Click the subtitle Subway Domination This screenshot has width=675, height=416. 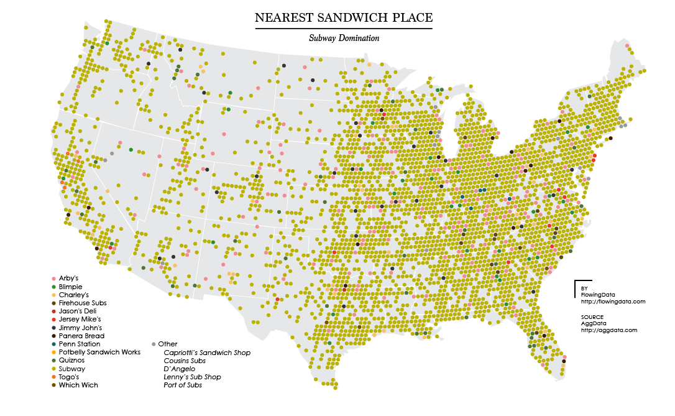point(344,38)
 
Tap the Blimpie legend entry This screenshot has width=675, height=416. point(70,286)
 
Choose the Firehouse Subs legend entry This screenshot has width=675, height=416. point(82,303)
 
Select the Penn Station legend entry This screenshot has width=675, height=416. point(80,344)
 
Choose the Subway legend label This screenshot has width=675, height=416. point(71,369)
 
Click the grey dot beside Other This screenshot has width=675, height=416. point(154,344)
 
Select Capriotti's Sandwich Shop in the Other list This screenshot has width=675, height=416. point(207,353)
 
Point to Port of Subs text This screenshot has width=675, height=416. point(183,386)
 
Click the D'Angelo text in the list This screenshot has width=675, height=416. point(179,369)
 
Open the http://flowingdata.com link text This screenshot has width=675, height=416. point(613,302)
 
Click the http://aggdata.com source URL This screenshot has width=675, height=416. point(608,330)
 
